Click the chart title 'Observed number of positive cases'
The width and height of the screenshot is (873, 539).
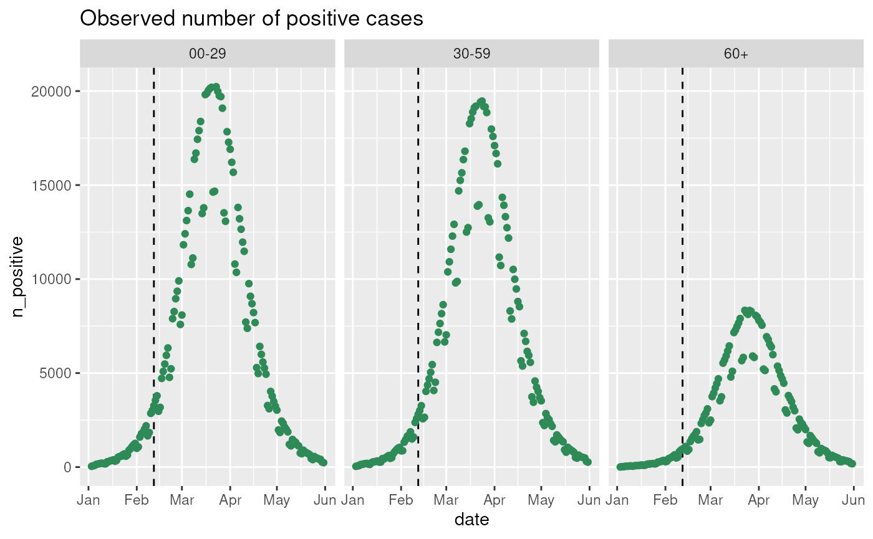[252, 19]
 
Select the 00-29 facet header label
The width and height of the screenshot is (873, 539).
[207, 54]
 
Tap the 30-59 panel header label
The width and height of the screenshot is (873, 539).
[471, 54]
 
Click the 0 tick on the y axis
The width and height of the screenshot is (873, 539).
[67, 467]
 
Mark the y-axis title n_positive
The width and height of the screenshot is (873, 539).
[19, 276]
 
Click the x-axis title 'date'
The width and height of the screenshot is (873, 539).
[471, 520]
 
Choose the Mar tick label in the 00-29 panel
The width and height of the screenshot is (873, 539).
[182, 500]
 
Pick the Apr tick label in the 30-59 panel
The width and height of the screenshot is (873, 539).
[494, 500]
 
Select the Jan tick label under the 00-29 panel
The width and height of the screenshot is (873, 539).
[89, 500]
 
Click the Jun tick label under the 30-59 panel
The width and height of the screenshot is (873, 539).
[589, 500]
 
